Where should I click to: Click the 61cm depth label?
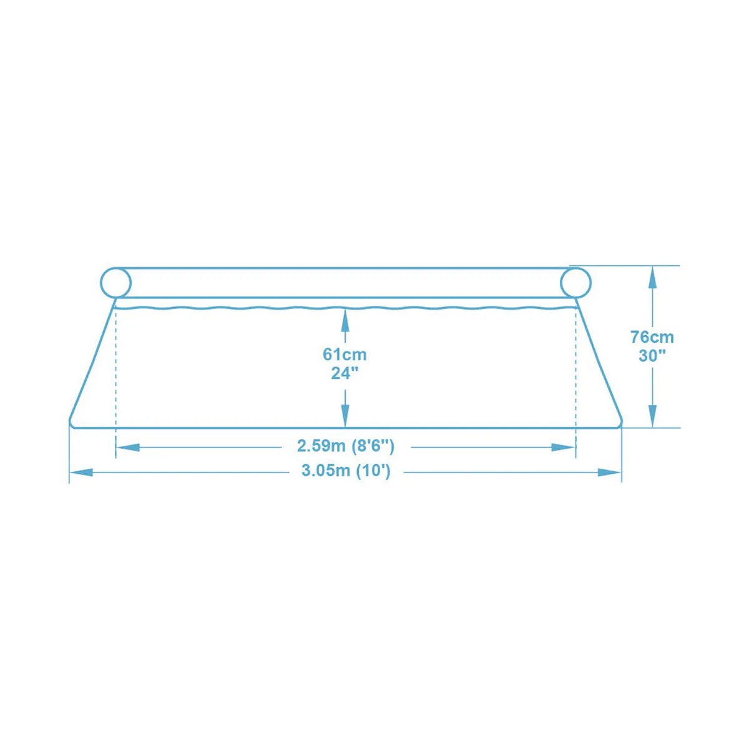click(345, 355)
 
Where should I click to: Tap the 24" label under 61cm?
click(345, 373)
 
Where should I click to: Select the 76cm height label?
click(652, 338)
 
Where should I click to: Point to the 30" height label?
click(652, 356)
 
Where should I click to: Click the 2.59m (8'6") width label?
click(346, 446)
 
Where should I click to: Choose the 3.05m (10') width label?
click(346, 471)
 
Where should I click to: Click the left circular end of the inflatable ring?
click(116, 283)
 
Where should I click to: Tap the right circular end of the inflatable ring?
click(575, 283)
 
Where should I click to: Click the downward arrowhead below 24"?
click(345, 416)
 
